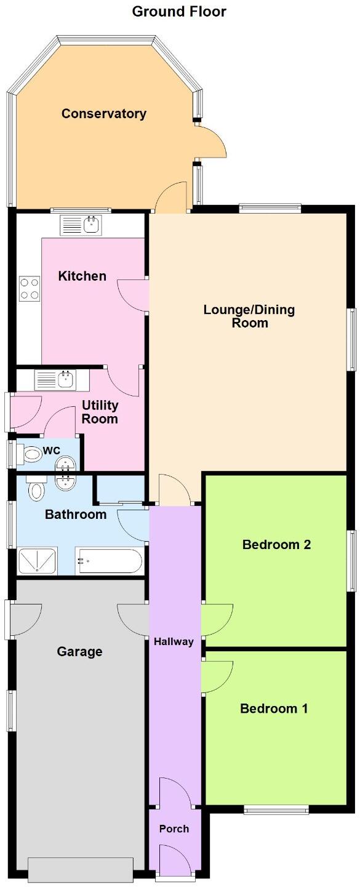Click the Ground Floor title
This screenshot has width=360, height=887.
point(179,11)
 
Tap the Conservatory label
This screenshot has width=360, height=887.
point(104,113)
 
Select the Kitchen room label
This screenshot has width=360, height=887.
point(82,276)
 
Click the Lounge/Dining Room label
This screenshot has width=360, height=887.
point(249,316)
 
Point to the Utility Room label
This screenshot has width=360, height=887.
point(100,412)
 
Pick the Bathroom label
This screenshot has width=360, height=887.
point(76,514)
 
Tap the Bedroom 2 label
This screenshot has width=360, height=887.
point(276,544)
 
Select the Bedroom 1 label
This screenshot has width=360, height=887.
point(274,708)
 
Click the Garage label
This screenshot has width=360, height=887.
point(79,651)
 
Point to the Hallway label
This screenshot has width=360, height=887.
point(174,641)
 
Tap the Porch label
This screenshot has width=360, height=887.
point(174,829)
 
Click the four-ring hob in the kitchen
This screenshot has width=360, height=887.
point(30,288)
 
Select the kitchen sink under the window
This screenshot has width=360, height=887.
point(81,225)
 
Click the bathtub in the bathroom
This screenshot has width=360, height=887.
point(110,561)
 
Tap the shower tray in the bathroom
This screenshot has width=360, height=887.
point(38,561)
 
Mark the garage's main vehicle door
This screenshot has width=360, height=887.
point(81,870)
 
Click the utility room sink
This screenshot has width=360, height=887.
point(55,380)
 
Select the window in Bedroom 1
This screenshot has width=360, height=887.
point(276,809)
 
